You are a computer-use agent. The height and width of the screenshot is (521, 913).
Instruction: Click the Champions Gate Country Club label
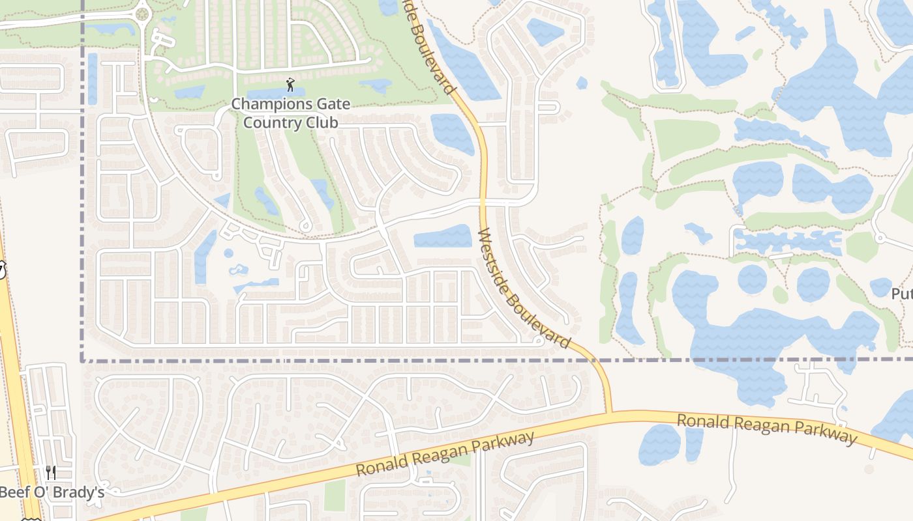(x=290, y=113)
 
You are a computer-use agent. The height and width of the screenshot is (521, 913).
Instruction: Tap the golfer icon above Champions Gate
(x=290, y=85)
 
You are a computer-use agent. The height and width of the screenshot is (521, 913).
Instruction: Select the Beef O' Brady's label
(x=52, y=492)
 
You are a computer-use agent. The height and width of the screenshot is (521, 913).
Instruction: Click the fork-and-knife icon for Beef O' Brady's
(x=51, y=472)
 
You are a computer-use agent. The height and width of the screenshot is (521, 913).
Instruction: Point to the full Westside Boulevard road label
(x=524, y=287)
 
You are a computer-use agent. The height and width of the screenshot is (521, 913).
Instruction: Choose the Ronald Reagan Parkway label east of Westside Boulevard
(x=766, y=429)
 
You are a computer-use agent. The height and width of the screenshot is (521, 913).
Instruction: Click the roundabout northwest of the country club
(x=142, y=13)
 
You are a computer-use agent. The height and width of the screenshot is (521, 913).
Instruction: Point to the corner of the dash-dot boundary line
(x=83, y=359)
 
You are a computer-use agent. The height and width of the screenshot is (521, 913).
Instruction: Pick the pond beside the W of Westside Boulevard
(x=443, y=236)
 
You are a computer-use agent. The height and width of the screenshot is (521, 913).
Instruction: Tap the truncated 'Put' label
(x=902, y=294)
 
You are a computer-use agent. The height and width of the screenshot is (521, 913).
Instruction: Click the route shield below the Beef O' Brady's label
(x=29, y=519)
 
